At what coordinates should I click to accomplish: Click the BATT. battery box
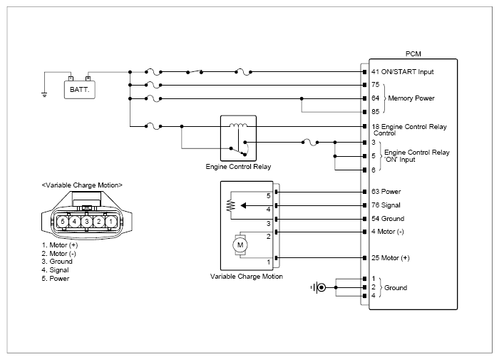click(80, 89)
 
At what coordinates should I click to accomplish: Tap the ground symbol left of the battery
click(44, 95)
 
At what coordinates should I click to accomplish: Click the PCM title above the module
click(413, 53)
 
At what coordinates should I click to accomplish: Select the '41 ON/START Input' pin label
click(402, 72)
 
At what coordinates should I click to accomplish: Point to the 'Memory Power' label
click(411, 98)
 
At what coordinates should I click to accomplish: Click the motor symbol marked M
click(240, 245)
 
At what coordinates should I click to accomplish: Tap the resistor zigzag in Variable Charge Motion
click(231, 205)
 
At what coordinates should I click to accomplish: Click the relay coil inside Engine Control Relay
click(238, 125)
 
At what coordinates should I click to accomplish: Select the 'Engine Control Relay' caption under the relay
click(238, 167)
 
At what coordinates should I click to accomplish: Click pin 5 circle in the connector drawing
click(63, 221)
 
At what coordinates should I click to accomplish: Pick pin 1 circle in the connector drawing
click(110, 221)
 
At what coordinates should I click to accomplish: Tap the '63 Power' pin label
click(386, 192)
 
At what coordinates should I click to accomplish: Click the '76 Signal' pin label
click(386, 205)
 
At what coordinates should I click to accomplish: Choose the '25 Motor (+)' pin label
click(391, 258)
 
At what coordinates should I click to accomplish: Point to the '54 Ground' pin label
click(388, 219)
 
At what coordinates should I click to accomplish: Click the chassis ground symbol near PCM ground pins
click(319, 287)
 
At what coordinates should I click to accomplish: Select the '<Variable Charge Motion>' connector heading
click(82, 185)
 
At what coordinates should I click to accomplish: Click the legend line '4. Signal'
click(55, 270)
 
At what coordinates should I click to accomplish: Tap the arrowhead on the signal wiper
click(244, 205)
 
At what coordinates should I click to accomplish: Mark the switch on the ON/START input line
click(195, 71)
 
